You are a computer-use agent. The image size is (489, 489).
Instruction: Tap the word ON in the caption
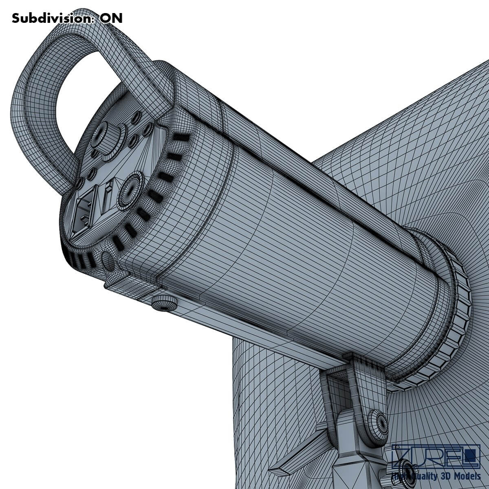click(111, 18)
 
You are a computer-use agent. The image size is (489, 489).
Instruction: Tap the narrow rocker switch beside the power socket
click(108, 197)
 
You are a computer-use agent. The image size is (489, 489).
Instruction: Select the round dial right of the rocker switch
click(131, 189)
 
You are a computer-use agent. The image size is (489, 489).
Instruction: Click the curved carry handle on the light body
click(53, 81)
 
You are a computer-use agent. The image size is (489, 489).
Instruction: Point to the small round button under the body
click(164, 304)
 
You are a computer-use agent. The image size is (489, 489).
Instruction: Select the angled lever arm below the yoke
click(297, 452)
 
